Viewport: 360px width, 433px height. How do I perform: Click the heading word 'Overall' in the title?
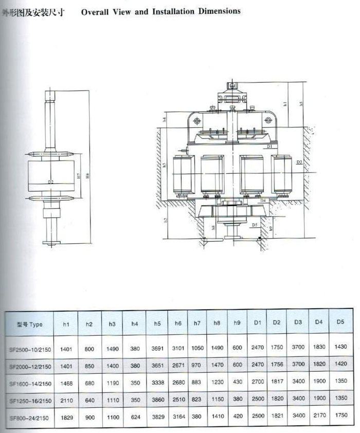pyautogui.click(x=94, y=11)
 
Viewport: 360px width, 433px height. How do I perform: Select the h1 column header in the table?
pyautogui.click(x=66, y=324)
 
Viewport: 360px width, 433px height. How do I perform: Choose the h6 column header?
pyautogui.click(x=178, y=323)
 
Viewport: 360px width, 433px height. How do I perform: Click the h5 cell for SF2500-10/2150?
pyautogui.click(x=157, y=349)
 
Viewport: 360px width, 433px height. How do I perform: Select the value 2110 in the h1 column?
pyautogui.click(x=67, y=400)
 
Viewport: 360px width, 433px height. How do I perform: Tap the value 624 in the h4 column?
pyautogui.click(x=135, y=418)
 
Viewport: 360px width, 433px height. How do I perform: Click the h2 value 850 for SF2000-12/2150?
pyautogui.click(x=89, y=366)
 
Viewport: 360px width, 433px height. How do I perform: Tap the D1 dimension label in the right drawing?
pyautogui.click(x=269, y=147)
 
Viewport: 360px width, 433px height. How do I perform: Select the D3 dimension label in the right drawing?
pyautogui.click(x=299, y=162)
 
